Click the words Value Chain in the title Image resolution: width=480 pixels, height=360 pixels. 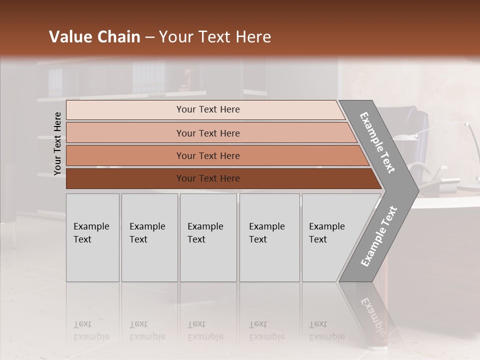pyautogui.click(x=94, y=37)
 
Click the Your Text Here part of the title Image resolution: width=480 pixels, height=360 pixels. pyautogui.click(x=215, y=37)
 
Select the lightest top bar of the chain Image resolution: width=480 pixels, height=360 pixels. pyautogui.click(x=207, y=109)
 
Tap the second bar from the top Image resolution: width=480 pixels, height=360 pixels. pyautogui.click(x=207, y=133)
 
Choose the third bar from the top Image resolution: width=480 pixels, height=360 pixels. pyautogui.click(x=207, y=155)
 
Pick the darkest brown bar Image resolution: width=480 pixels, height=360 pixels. pyautogui.click(x=207, y=178)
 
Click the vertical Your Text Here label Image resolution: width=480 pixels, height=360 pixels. pyautogui.click(x=57, y=143)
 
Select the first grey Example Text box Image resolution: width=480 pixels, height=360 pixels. pyautogui.click(x=92, y=237)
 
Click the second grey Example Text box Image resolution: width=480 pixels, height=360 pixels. pyautogui.click(x=149, y=237)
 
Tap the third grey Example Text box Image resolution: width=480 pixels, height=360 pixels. pyautogui.click(x=208, y=237)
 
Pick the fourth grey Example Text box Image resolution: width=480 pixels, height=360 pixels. pyautogui.click(x=269, y=237)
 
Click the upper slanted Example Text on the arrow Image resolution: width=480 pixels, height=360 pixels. pyautogui.click(x=377, y=142)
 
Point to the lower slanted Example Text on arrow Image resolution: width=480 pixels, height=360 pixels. pyautogui.click(x=379, y=236)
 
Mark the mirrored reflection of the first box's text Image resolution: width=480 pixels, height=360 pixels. pyautogui.click(x=91, y=330)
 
